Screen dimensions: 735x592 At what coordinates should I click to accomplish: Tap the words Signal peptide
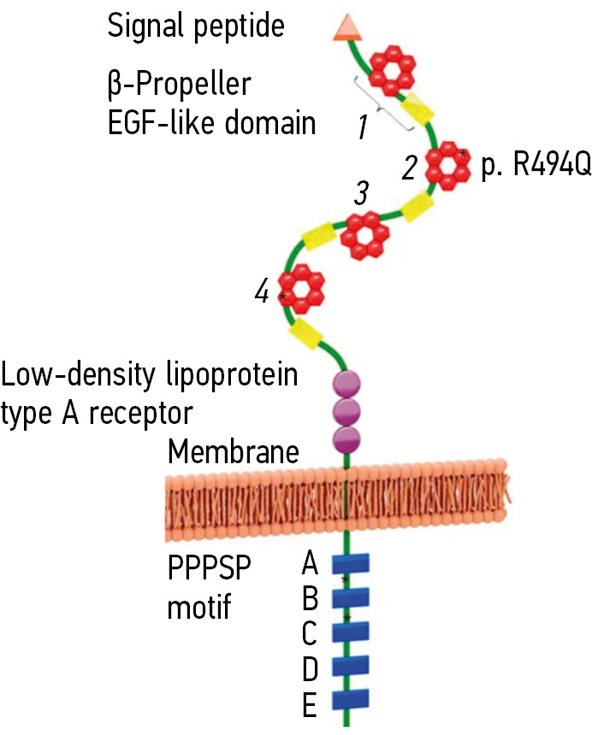(195, 26)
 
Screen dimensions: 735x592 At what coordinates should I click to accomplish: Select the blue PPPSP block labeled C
(350, 632)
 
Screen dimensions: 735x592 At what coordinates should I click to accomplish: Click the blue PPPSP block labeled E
(350, 699)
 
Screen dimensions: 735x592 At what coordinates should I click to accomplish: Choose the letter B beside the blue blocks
(311, 598)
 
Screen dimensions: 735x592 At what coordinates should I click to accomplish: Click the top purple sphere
(346, 384)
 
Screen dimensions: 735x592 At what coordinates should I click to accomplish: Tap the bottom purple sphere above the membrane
(346, 441)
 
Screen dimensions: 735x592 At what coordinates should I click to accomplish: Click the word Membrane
(234, 450)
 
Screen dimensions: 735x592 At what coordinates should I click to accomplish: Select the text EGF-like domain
(211, 123)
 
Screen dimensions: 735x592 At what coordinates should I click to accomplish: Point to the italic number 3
(362, 195)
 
